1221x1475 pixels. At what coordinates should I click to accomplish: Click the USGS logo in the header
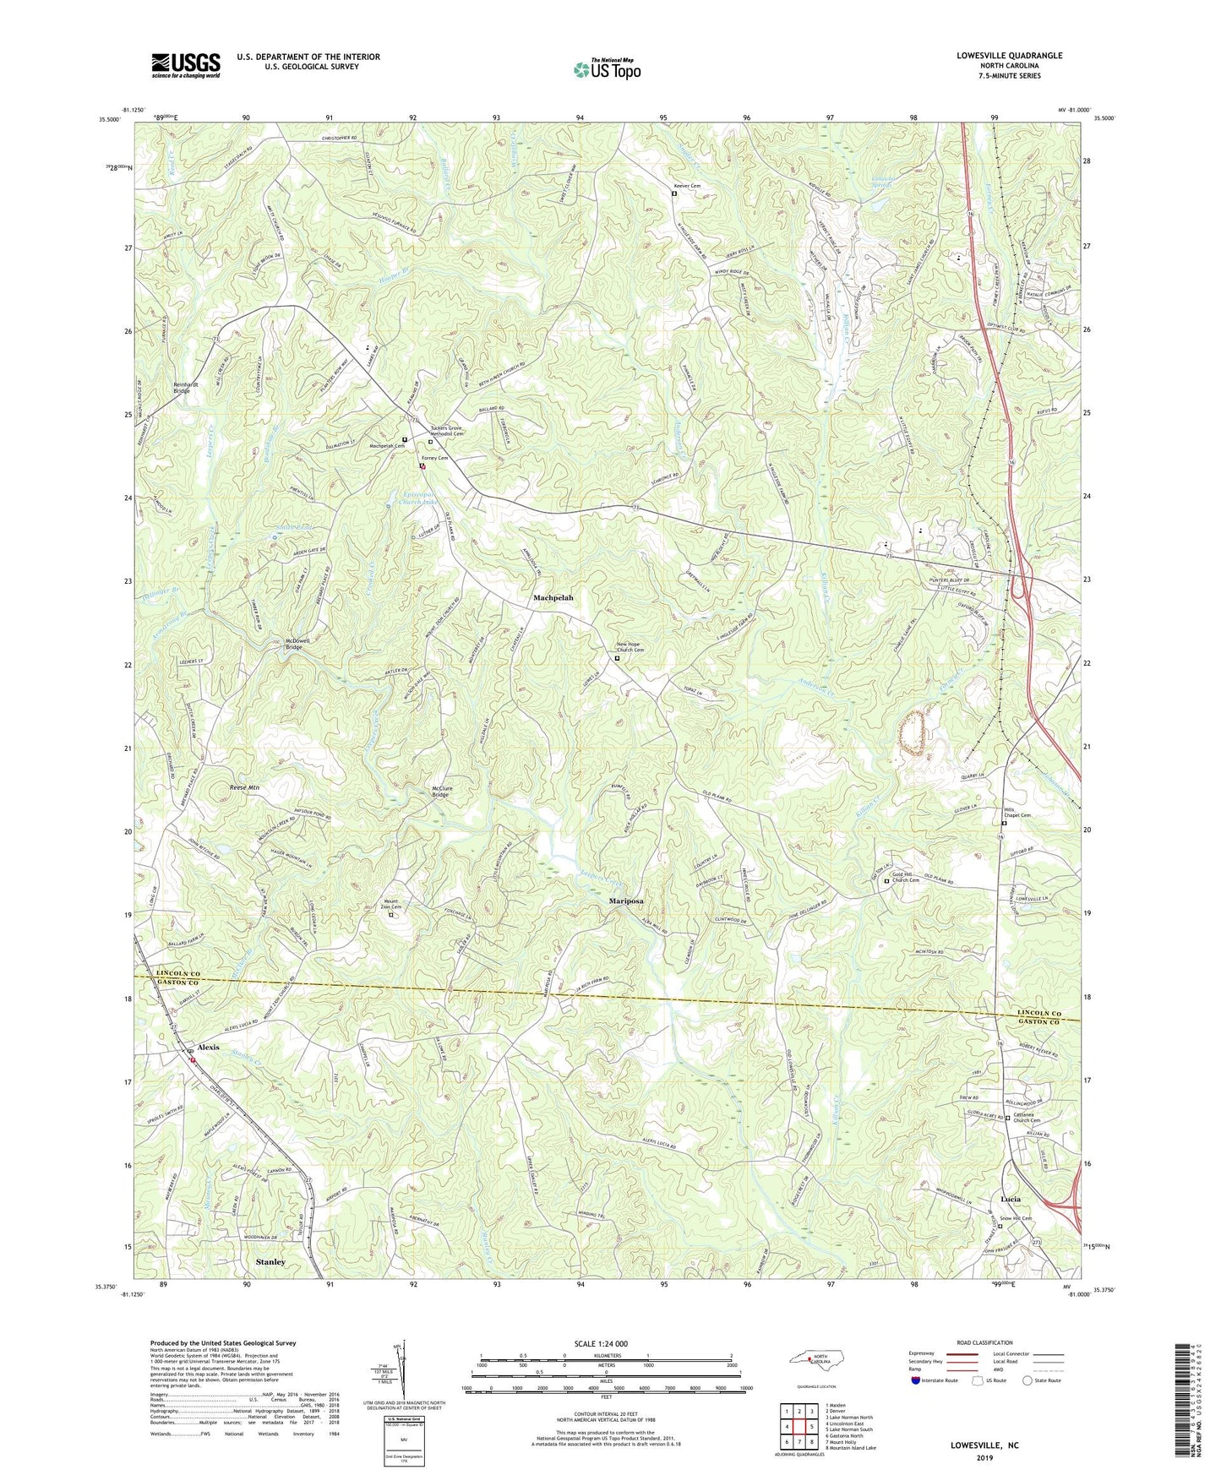pyautogui.click(x=186, y=64)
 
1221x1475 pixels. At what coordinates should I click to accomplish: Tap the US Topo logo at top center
pyautogui.click(x=606, y=69)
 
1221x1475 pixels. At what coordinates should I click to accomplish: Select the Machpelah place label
pyautogui.click(x=553, y=598)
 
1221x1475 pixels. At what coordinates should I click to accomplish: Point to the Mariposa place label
pyautogui.click(x=630, y=901)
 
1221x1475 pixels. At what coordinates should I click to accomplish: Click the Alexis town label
pyautogui.click(x=208, y=1048)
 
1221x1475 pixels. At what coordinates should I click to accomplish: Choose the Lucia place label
pyautogui.click(x=1010, y=1200)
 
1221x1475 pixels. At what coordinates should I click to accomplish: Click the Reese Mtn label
pyautogui.click(x=244, y=787)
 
